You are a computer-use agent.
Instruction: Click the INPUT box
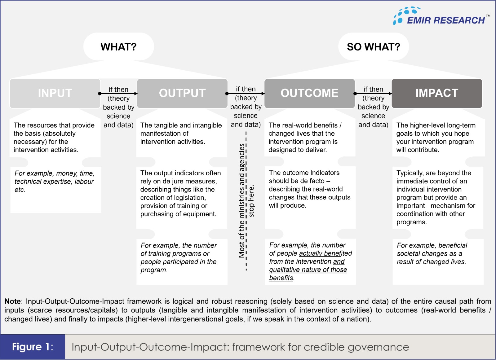coord(55,93)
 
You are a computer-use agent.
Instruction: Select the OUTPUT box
coord(182,93)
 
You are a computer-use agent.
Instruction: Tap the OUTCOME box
coord(309,93)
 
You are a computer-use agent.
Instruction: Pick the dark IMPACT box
coord(437,93)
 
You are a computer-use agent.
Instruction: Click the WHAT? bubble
coord(118,47)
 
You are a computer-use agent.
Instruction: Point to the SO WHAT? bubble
coord(374,47)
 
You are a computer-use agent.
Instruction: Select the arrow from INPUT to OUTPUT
coord(118,94)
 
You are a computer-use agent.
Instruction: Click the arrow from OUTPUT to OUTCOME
coord(246,93)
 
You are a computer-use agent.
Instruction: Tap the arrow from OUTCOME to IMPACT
coord(373,93)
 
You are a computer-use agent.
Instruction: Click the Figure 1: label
coord(33,347)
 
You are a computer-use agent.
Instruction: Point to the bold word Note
coord(13,301)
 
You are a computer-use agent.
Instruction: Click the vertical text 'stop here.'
coord(251,201)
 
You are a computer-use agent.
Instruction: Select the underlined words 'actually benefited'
coord(325,253)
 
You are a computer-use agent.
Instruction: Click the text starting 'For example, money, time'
coord(54,181)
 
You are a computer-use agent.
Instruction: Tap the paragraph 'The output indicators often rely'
coord(180,193)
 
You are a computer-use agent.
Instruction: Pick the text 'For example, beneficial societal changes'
coord(432,253)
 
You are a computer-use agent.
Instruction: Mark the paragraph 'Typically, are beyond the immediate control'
coord(436,197)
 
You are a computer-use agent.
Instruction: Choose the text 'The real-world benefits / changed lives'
coord(305,137)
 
